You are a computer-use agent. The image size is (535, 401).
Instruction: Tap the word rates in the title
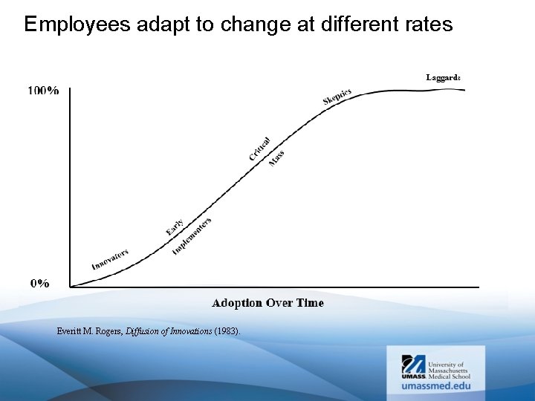coord(427,25)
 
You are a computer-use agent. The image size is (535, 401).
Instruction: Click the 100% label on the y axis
coord(44,91)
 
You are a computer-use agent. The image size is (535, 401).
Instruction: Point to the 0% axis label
coord(40,283)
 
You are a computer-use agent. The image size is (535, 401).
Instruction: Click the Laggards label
coord(444,77)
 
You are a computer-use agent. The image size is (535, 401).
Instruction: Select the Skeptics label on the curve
coord(337,97)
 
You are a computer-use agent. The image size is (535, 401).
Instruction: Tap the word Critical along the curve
coord(259,148)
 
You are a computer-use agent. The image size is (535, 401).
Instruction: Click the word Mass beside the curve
coord(276,158)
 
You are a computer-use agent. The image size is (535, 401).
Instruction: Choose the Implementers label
coord(192,236)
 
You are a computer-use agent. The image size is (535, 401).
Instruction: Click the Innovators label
coord(110,259)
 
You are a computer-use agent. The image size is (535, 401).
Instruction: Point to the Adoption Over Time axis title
coord(267,303)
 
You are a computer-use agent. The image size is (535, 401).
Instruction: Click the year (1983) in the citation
coord(227,331)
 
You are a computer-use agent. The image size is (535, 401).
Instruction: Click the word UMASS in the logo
coord(414,376)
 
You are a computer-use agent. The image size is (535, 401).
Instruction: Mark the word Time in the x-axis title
coord(310,303)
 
